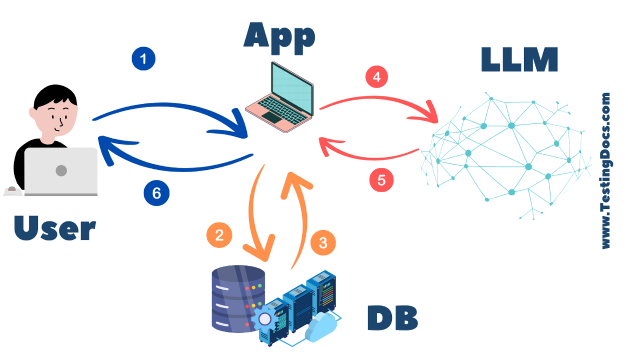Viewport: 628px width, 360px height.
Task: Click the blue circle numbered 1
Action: [x=143, y=60]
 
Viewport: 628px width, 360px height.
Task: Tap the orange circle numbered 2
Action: [x=219, y=235]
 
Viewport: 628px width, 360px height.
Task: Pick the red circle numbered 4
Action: [x=377, y=77]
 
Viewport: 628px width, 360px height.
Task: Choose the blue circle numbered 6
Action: [x=156, y=193]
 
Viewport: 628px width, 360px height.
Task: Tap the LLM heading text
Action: [x=519, y=60]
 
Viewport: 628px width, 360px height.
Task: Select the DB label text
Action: [x=392, y=318]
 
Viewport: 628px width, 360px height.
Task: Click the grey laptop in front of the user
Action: [x=61, y=171]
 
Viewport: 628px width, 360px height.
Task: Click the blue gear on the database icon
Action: [x=265, y=319]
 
